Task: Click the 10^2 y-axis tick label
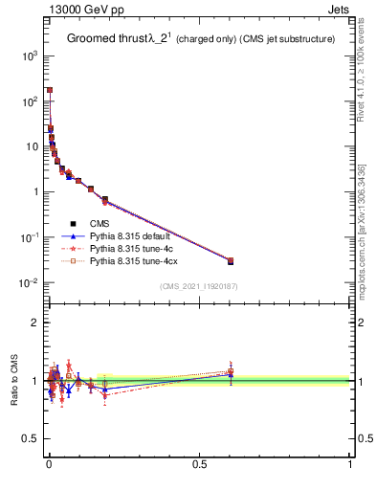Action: point(28,100)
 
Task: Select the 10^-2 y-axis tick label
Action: point(28,282)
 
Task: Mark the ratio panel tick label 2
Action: point(36,323)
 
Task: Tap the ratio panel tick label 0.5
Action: point(33,439)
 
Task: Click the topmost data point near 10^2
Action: point(49,90)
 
